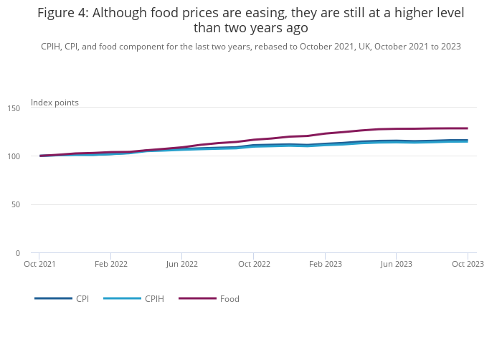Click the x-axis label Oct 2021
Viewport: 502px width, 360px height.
39,264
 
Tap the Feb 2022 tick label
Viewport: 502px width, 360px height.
110,264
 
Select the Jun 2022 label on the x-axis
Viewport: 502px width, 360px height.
181,264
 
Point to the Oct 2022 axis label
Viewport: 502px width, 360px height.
253,264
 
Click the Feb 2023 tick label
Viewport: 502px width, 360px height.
325,264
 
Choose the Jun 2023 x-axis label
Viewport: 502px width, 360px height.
396,264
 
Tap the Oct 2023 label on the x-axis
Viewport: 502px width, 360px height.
468,264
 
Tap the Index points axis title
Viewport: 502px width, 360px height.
55,103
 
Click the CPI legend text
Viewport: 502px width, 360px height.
82,298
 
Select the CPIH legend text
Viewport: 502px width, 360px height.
154,298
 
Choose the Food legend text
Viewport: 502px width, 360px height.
229,298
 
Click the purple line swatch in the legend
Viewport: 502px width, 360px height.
197,298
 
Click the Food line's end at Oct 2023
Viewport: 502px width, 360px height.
468,128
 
